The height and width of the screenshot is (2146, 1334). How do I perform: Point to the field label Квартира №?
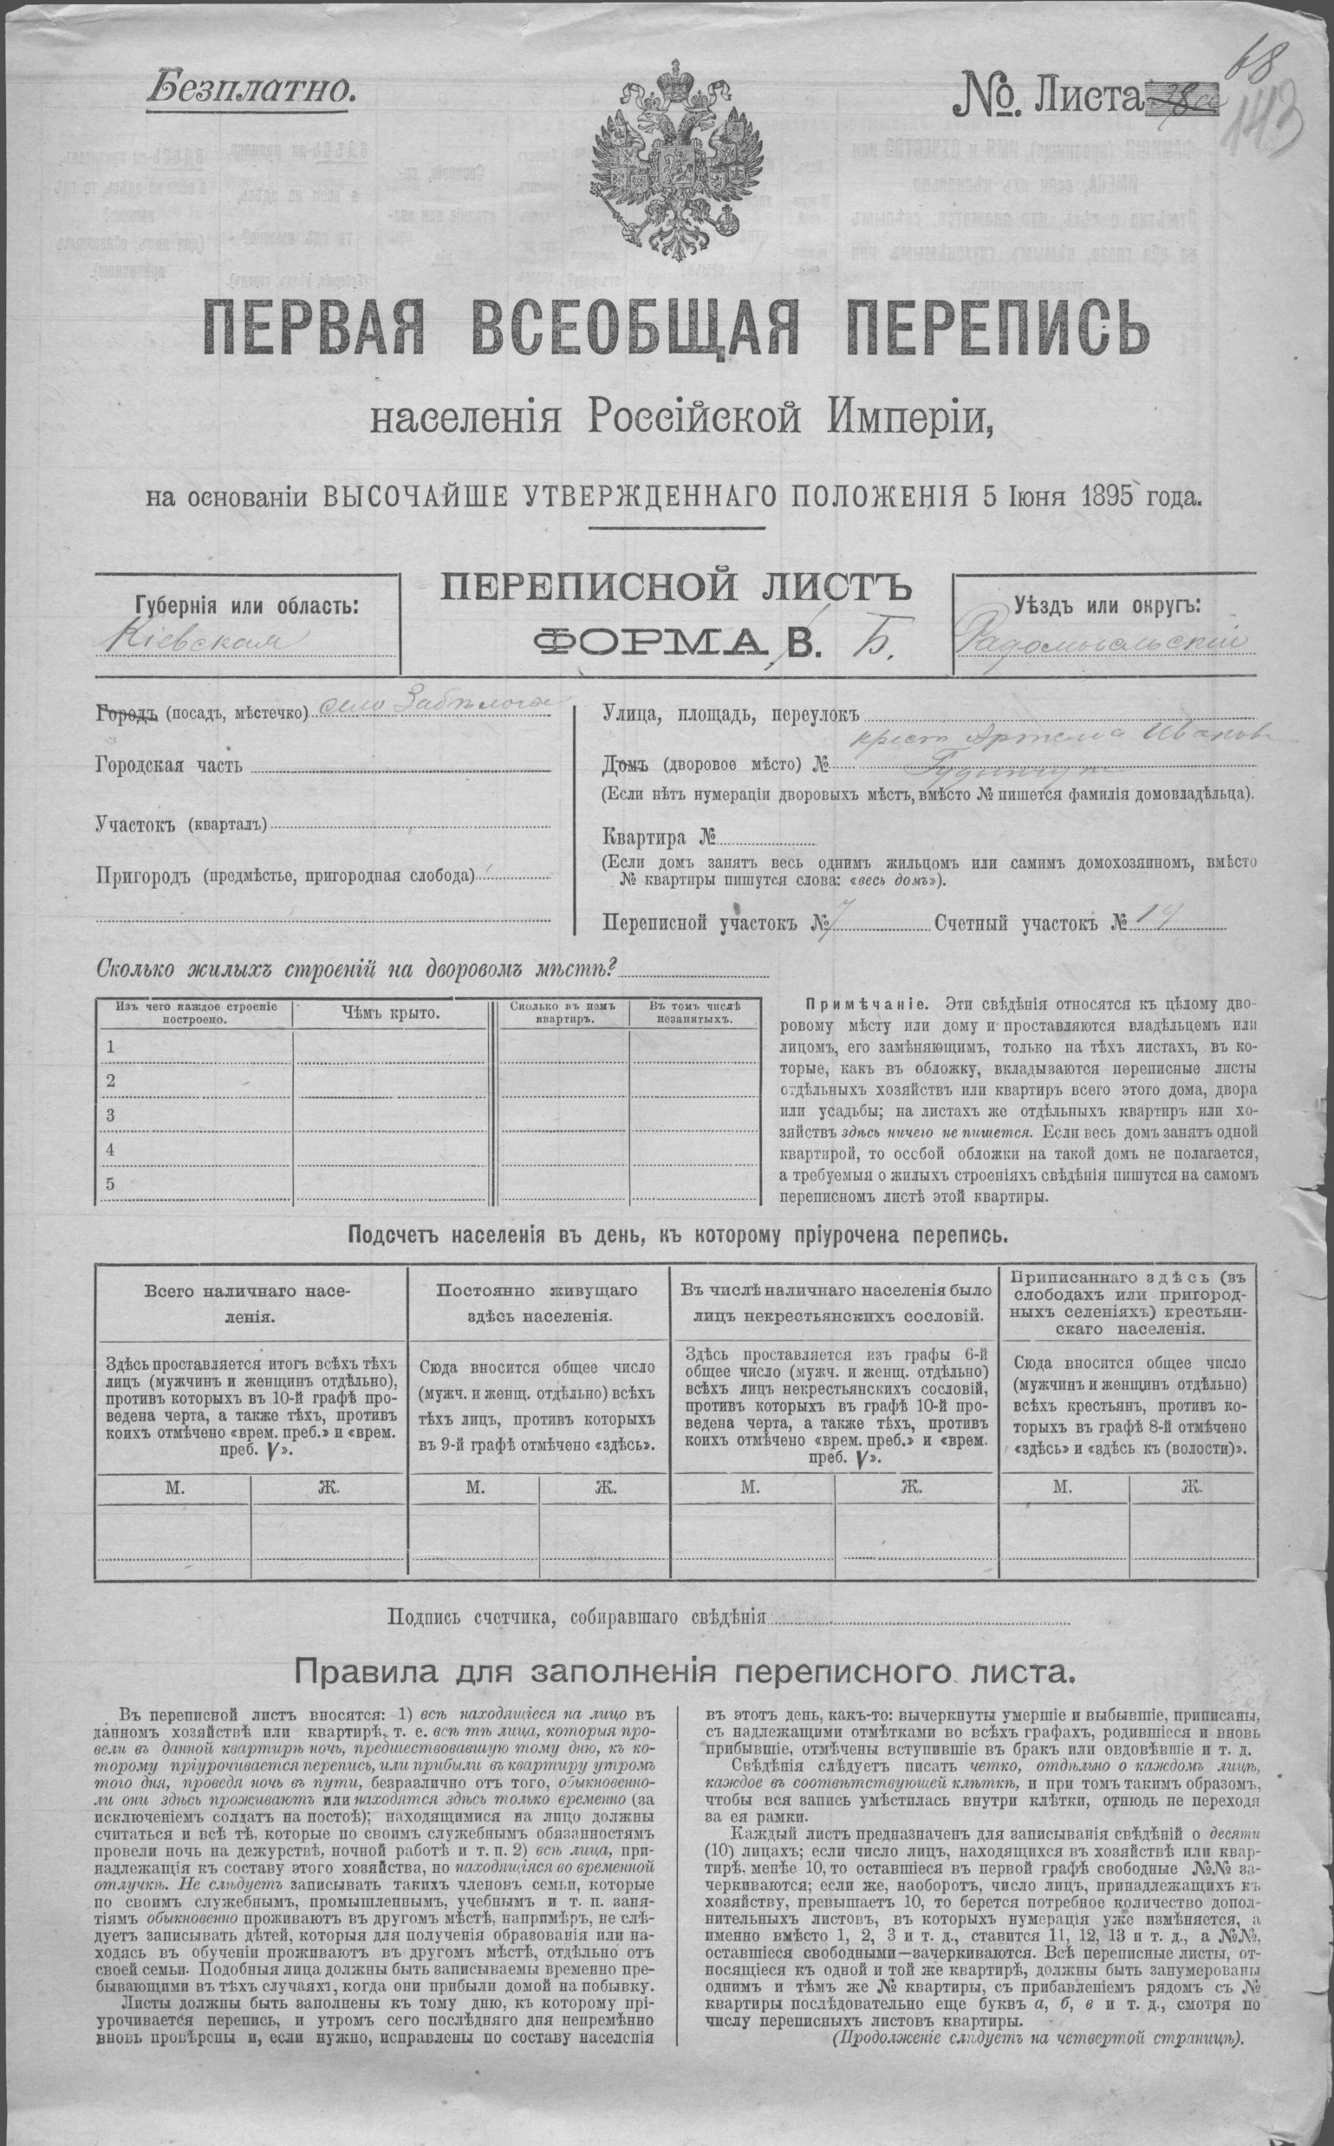pyautogui.click(x=658, y=836)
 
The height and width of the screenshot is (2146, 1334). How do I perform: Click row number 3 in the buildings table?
pyautogui.click(x=111, y=1115)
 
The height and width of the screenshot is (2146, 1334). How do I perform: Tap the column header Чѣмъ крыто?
pyautogui.click(x=392, y=1013)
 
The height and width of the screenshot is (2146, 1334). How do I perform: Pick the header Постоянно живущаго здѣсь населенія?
pyautogui.click(x=537, y=1302)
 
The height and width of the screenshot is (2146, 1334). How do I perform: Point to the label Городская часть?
pyautogui.click(x=166, y=765)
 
